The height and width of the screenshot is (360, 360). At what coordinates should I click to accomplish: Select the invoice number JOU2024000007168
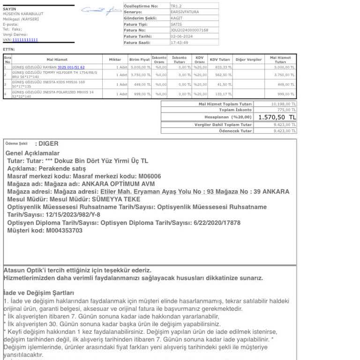[189, 30]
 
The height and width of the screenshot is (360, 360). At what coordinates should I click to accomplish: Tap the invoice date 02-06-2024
[181, 36]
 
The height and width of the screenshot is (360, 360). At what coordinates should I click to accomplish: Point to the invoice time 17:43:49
[179, 43]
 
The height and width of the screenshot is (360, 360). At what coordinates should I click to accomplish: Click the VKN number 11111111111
[25, 40]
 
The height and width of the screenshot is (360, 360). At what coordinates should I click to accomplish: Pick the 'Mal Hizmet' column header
[57, 60]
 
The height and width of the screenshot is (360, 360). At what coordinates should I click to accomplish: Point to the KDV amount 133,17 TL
[225, 94]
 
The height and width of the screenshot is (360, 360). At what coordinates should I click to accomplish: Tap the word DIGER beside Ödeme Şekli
[48, 143]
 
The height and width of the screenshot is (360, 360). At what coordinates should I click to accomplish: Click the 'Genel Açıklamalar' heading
[32, 153]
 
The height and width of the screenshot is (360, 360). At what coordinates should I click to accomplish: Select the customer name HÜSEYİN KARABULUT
[23, 14]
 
